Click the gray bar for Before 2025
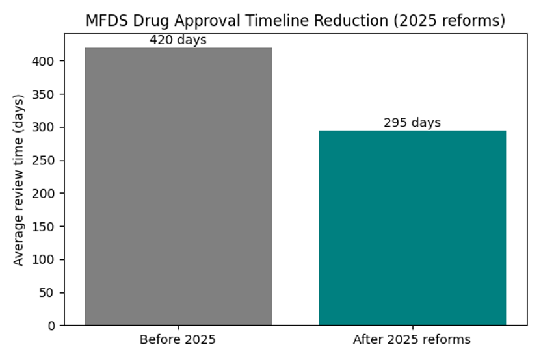tap(178, 186)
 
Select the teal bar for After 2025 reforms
tap(412, 227)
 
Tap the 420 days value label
tap(178, 40)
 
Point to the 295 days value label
tap(412, 123)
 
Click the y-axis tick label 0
tap(52, 326)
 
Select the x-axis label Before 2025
tap(178, 339)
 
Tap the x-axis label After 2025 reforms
tap(412, 339)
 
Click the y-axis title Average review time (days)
tap(19, 180)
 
